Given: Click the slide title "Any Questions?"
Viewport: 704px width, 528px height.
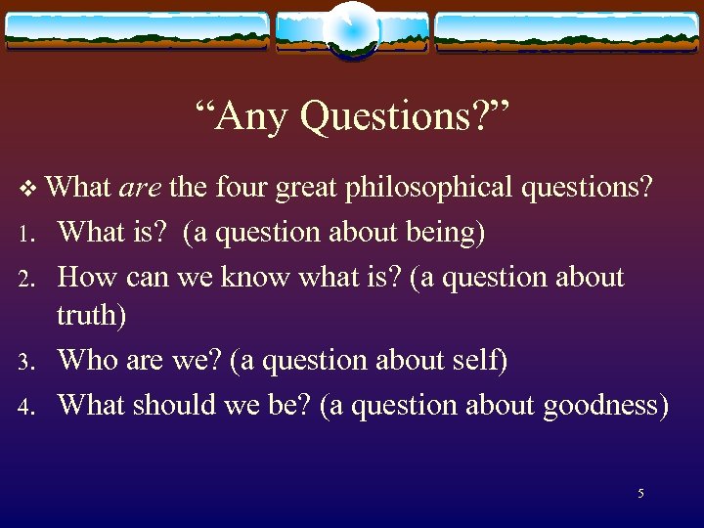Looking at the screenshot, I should click(352, 117).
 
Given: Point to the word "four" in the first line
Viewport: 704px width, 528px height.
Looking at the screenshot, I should click(241, 188).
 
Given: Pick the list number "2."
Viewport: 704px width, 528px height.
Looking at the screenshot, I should click(26, 280).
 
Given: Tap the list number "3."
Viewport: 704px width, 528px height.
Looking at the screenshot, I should click(26, 363).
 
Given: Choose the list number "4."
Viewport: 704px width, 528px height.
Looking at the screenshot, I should click(26, 407).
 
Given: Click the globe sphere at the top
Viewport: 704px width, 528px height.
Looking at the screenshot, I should click(352, 29).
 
